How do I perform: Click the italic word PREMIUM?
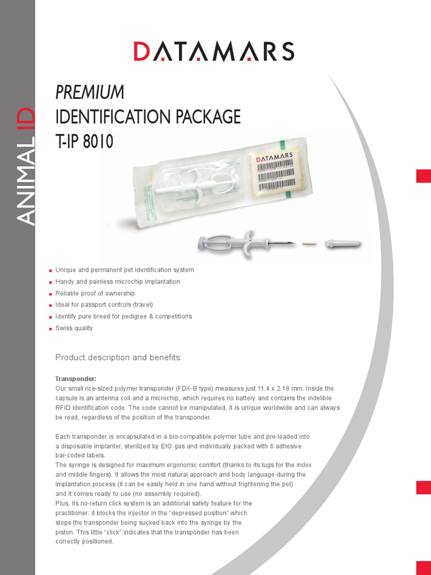[89, 92]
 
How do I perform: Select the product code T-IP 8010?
[84, 142]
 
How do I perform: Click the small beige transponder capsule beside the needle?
[307, 244]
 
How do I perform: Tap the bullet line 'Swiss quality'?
[74, 328]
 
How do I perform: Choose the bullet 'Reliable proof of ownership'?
[95, 293]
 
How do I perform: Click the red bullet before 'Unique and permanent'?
[51, 271]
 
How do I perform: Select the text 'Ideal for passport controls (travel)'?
[104, 305]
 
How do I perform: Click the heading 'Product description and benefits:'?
[118, 358]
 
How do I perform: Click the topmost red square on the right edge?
[423, 176]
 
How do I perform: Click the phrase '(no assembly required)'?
[167, 494]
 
